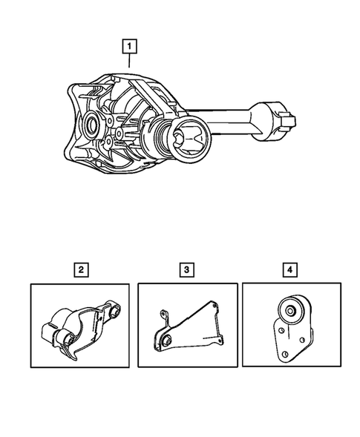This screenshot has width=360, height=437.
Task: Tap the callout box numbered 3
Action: (184, 269)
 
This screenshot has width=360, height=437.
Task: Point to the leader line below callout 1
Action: (131, 62)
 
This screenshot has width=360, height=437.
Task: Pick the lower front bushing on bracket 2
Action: (68, 340)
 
